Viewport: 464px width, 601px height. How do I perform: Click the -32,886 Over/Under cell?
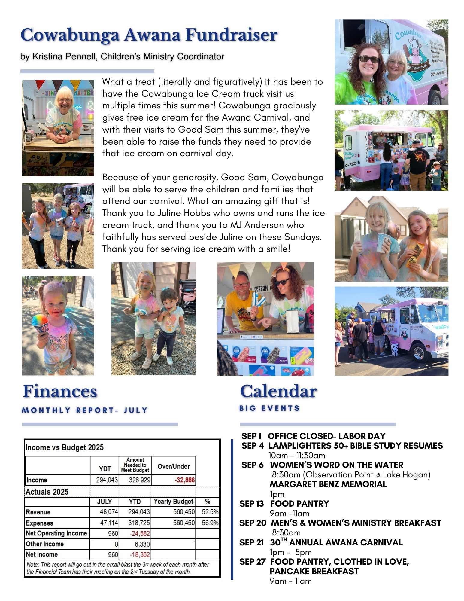click(184, 480)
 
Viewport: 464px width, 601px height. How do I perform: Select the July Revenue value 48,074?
click(109, 512)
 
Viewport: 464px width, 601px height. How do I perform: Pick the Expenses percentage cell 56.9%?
click(210, 523)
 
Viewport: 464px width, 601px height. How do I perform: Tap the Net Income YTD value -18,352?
click(139, 554)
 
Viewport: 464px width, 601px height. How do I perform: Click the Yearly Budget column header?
click(173, 502)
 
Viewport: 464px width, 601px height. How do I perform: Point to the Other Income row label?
click(45, 544)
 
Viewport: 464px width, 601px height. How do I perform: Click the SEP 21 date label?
click(251, 542)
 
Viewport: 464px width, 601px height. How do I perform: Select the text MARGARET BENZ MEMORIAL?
click(328, 484)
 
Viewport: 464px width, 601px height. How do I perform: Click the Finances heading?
click(60, 391)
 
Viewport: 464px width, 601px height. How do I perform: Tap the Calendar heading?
click(278, 391)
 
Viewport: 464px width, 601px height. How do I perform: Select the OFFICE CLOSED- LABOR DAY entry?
click(326, 436)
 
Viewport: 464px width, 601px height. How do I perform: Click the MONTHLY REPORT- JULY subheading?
click(85, 410)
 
